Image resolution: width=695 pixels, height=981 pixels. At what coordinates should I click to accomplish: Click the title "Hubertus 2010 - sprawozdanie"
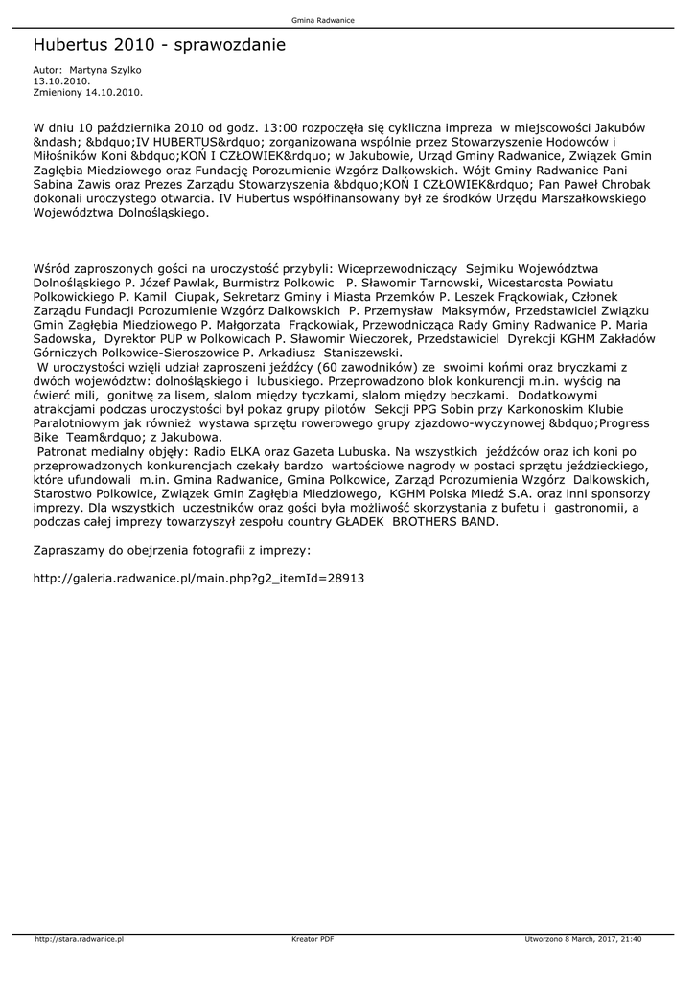(x=159, y=45)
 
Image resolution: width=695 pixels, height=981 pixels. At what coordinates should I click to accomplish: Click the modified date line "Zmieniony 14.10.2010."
(x=88, y=93)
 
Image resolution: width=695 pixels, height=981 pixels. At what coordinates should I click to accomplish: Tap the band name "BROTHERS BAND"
(x=444, y=522)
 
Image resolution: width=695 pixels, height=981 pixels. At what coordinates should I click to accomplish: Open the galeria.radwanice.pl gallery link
(x=198, y=579)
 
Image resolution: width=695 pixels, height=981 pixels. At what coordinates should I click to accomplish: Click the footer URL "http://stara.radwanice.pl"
(x=81, y=939)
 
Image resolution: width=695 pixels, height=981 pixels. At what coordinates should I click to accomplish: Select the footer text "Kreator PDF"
(x=313, y=939)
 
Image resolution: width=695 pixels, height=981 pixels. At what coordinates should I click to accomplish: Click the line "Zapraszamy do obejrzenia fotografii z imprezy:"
(x=172, y=551)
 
